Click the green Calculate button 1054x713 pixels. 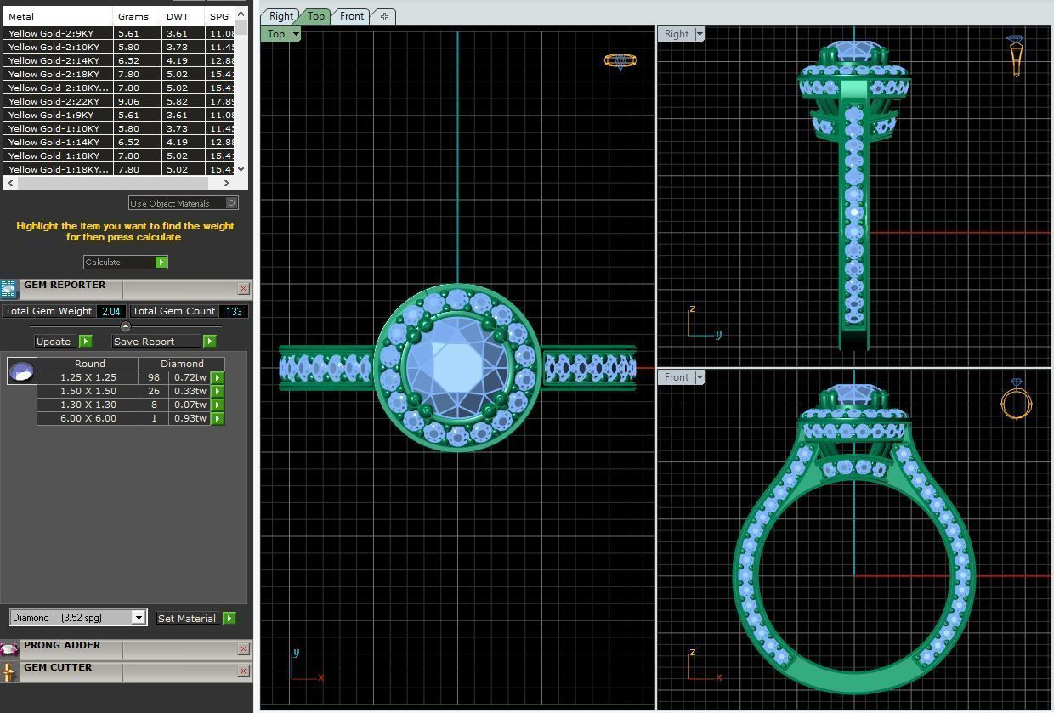point(161,263)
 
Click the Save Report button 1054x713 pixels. point(209,342)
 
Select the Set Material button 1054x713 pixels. point(229,619)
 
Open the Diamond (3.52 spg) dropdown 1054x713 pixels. point(139,618)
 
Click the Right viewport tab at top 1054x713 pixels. point(280,16)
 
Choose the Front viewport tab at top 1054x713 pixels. point(351,16)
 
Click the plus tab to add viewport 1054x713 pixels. point(384,16)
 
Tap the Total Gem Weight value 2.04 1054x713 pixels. point(110,312)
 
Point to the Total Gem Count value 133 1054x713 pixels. point(233,312)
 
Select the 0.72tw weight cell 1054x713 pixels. point(190,377)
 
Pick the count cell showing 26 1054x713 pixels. point(154,391)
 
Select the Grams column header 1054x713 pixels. point(133,16)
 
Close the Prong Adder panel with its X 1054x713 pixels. point(243,649)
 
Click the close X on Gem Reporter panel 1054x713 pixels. point(243,289)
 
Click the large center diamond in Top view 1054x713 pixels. point(457,367)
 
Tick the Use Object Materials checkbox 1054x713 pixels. point(231,203)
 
